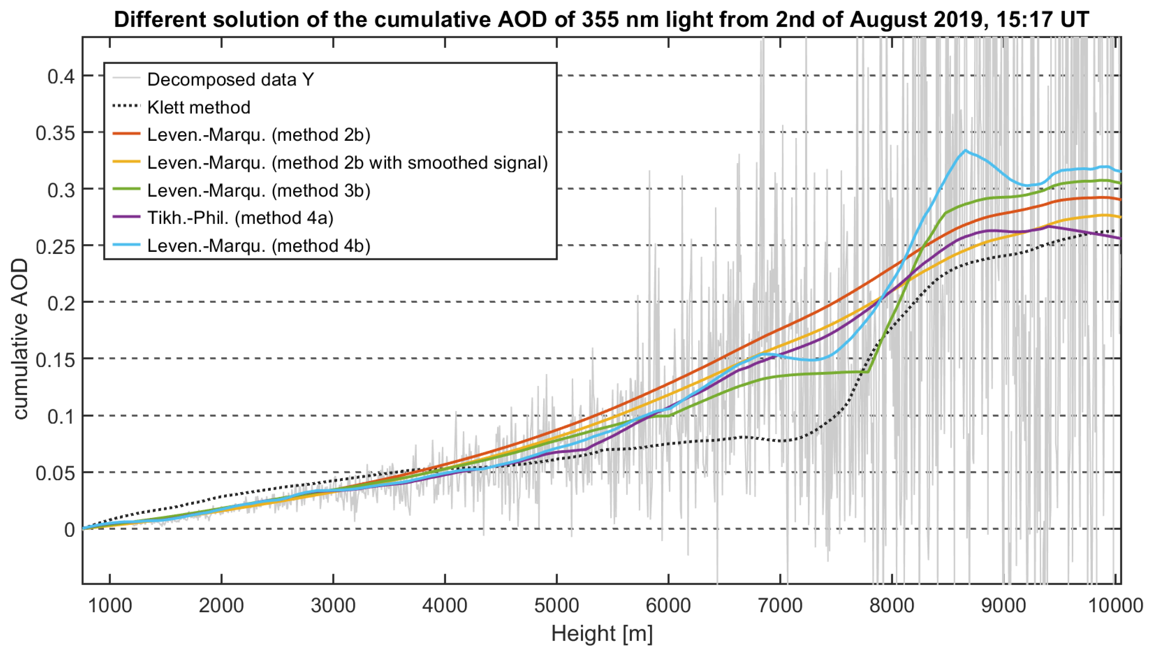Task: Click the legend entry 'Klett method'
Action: click(x=198, y=107)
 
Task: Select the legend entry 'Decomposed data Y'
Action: click(x=230, y=79)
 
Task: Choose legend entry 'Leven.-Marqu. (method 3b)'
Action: click(x=259, y=191)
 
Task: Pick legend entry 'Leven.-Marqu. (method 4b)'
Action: click(x=259, y=246)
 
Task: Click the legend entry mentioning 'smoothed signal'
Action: click(x=347, y=163)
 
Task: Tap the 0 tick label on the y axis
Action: click(x=69, y=530)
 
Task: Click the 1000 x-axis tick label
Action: click(x=110, y=605)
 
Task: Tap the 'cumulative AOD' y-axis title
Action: click(x=20, y=339)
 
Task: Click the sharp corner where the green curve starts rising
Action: click(x=868, y=372)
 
